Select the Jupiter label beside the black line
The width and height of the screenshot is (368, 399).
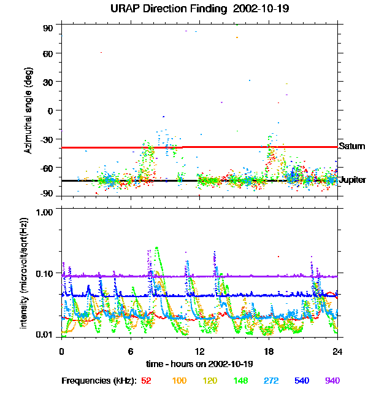pyautogui.click(x=353, y=180)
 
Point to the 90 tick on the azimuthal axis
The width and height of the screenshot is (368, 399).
pyautogui.click(x=48, y=28)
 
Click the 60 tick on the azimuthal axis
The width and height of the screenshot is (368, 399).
pyautogui.click(x=48, y=53)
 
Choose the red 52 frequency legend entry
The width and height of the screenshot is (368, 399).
pyautogui.click(x=146, y=381)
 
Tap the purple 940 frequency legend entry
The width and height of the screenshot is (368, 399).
pyautogui.click(x=332, y=381)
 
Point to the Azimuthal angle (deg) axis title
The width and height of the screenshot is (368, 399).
pyautogui.click(x=27, y=110)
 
